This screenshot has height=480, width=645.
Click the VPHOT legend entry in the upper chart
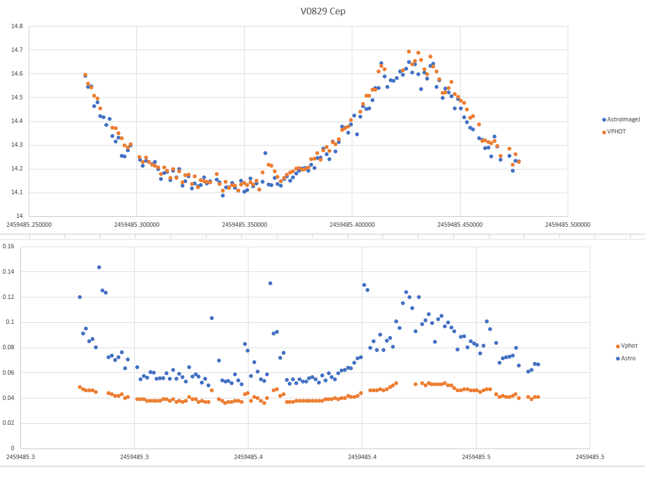click(616, 131)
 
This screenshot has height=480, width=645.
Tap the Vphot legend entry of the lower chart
click(629, 346)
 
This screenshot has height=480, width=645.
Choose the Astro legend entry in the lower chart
click(628, 358)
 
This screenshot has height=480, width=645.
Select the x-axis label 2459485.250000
click(29, 225)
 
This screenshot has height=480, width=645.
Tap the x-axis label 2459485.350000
click(245, 225)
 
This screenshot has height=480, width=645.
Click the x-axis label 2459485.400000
click(352, 225)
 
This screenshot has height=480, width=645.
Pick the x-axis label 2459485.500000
click(568, 225)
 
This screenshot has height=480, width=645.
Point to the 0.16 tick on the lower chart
click(8, 247)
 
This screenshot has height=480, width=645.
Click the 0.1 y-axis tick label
click(10, 322)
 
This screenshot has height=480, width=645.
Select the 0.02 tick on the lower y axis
click(8, 423)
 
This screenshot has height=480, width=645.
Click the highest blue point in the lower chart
click(99, 267)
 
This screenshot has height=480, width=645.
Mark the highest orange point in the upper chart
click(409, 52)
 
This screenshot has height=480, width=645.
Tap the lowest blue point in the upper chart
click(223, 195)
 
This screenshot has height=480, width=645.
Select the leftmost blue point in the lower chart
click(80, 297)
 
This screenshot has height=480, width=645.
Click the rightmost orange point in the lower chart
click(537, 397)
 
